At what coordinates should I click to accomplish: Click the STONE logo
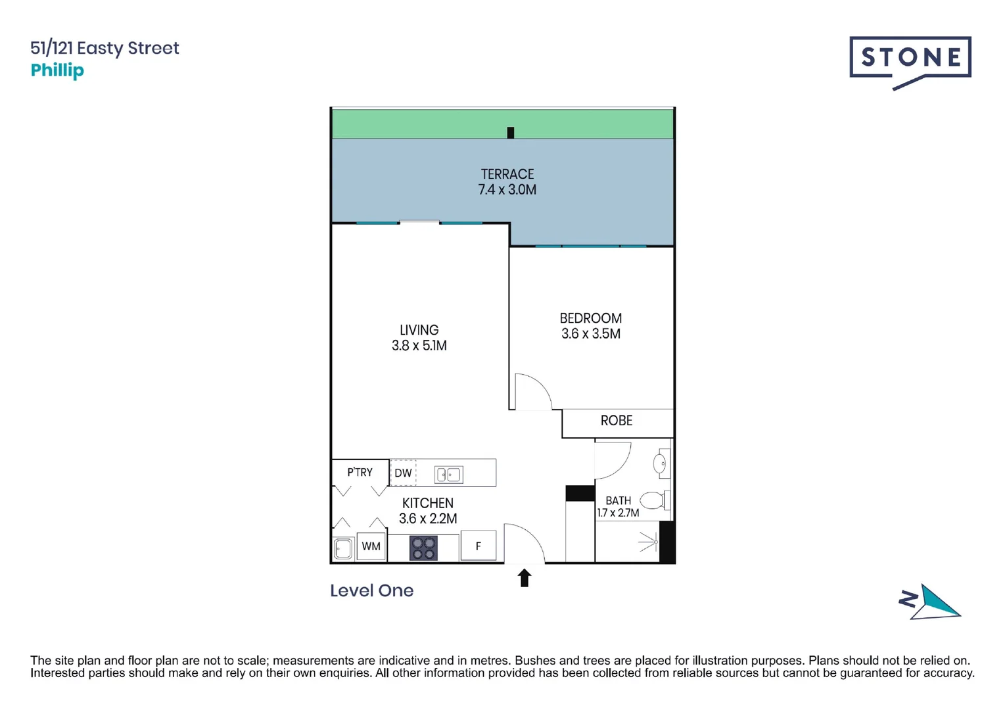[x=910, y=59]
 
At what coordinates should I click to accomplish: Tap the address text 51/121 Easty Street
[x=105, y=48]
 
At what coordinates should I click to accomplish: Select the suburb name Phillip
[x=57, y=70]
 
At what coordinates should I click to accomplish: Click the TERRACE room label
[x=507, y=174]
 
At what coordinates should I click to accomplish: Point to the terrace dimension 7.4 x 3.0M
[x=507, y=190]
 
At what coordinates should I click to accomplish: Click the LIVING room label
[x=419, y=330]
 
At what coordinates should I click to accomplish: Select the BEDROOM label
[x=590, y=318]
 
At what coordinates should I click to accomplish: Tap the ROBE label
[x=616, y=421]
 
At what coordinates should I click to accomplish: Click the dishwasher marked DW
[x=403, y=473]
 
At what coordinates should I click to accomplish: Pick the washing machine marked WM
[x=371, y=546]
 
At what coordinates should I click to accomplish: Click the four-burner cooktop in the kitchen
[x=423, y=548]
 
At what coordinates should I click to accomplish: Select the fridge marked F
[x=478, y=546]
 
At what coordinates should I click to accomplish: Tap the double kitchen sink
[x=449, y=474]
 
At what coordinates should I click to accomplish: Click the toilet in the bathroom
[x=653, y=501]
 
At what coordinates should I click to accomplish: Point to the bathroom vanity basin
[x=660, y=463]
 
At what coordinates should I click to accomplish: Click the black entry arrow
[x=524, y=578]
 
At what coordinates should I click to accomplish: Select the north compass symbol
[x=930, y=602]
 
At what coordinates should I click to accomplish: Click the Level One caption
[x=371, y=590]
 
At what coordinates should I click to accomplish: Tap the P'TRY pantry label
[x=360, y=472]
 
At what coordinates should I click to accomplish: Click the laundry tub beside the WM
[x=342, y=548]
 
